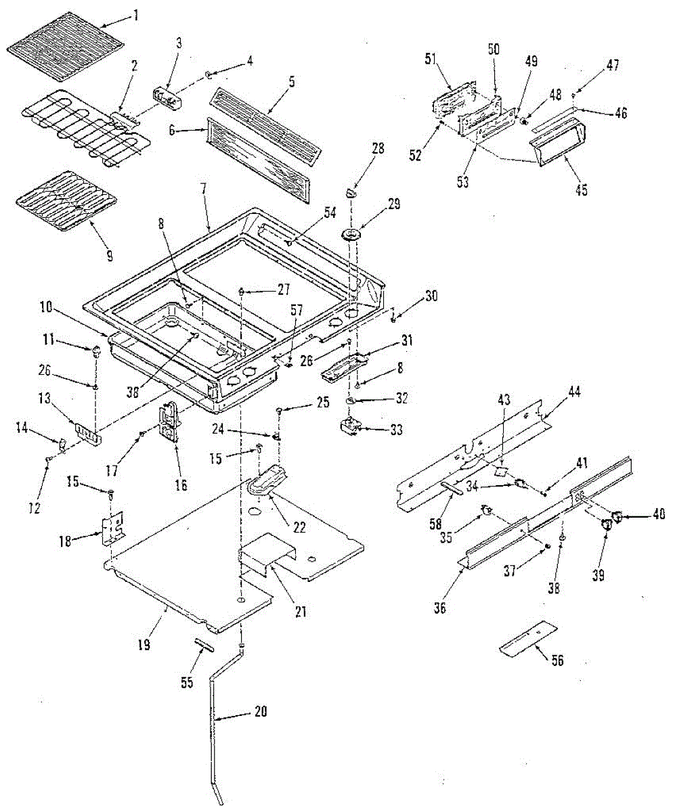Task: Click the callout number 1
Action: [136, 17]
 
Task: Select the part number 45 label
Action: [581, 191]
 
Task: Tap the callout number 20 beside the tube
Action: [261, 711]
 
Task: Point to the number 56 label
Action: [557, 660]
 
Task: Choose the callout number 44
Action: [573, 392]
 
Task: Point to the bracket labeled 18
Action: [112, 528]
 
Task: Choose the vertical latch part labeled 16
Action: [168, 421]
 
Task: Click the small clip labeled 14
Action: [62, 444]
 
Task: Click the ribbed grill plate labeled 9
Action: [67, 202]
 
